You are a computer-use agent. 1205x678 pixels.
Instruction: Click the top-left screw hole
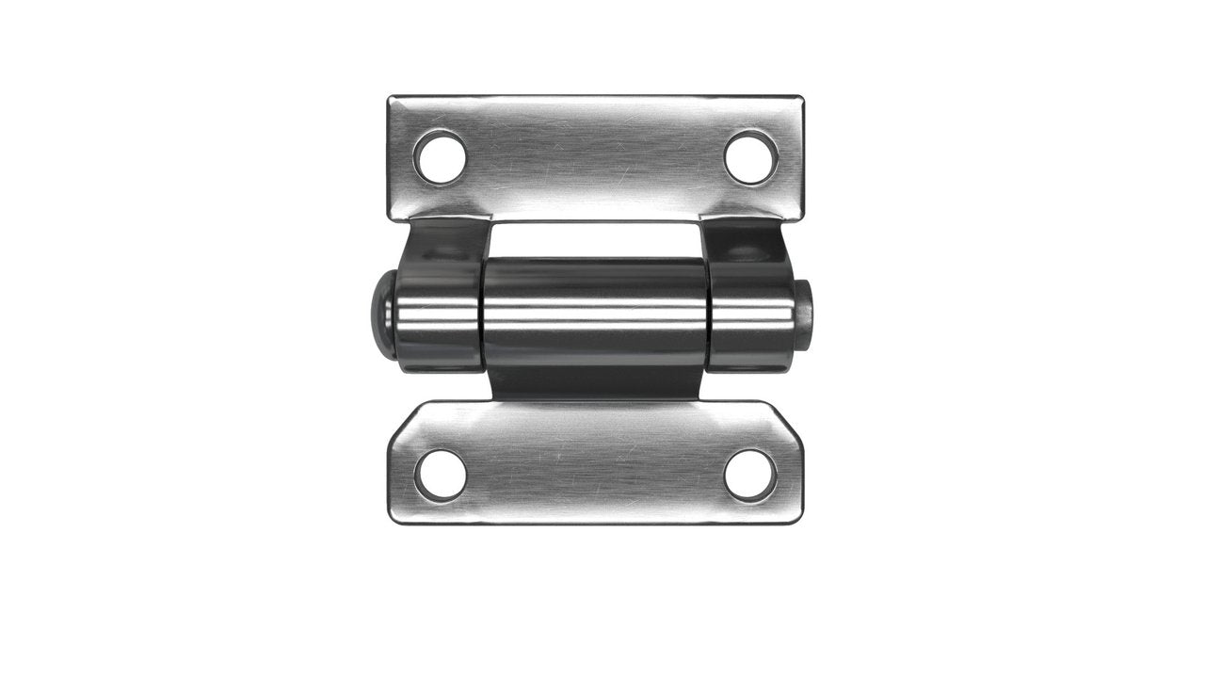tap(440, 157)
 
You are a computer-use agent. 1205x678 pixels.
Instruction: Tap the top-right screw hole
tap(751, 157)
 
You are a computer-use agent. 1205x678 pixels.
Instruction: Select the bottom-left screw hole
tap(440, 475)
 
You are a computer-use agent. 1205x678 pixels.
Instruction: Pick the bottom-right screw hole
tap(751, 475)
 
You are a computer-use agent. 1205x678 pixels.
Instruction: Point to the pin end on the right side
tap(807, 312)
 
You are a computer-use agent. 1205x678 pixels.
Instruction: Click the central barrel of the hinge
tap(595, 311)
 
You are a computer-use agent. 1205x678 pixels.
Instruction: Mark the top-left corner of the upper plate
tap(392, 98)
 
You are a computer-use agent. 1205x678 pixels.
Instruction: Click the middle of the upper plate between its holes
tap(595, 155)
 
